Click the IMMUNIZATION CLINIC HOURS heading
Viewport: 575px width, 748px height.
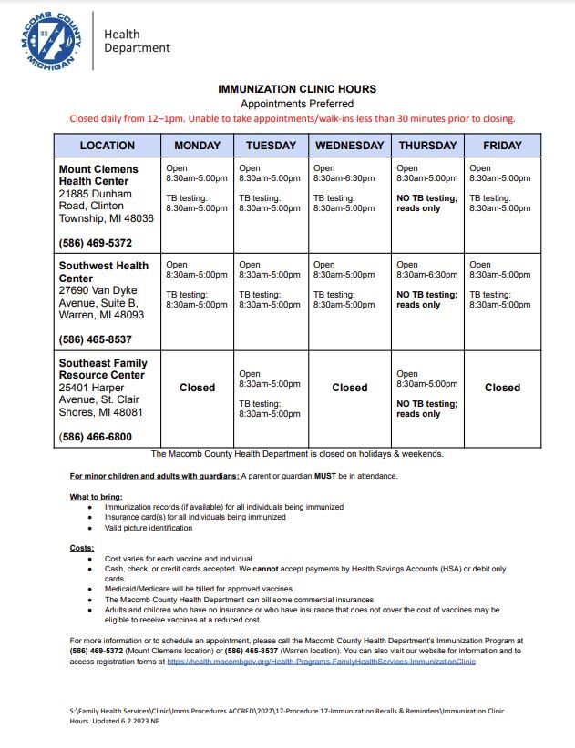click(296, 89)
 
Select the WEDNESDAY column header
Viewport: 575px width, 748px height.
click(349, 146)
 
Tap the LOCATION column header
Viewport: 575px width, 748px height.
click(107, 146)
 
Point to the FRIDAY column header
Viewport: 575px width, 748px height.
click(502, 146)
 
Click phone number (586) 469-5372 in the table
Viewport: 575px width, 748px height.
click(96, 243)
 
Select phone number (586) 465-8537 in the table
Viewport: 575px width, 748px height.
click(96, 339)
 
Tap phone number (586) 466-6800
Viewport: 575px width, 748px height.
click(96, 437)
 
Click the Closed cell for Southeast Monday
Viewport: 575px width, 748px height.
click(197, 388)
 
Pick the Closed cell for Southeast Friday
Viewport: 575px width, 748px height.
click(502, 388)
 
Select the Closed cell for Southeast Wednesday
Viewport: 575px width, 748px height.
click(349, 388)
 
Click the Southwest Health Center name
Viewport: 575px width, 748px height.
click(103, 272)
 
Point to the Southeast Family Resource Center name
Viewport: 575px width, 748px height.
click(103, 369)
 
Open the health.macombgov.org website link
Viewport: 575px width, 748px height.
click(321, 662)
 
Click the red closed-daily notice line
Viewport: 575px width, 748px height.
click(293, 118)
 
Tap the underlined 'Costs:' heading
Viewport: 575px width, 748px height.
click(81, 547)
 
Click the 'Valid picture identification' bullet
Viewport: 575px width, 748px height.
click(149, 528)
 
